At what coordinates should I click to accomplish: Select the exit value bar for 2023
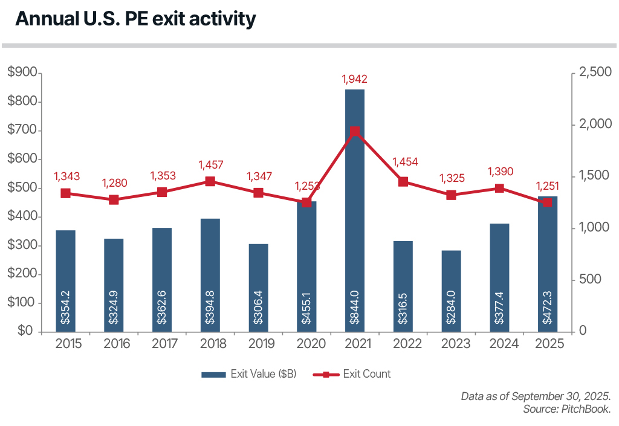tap(451, 291)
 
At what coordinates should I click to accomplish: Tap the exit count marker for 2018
tap(210, 181)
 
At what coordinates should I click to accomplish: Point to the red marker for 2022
tap(403, 181)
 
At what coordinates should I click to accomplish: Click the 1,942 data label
tap(354, 79)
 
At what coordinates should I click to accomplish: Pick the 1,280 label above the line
tap(114, 182)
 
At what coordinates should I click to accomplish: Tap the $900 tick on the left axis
tap(24, 73)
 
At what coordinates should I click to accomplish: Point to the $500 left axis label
tap(24, 188)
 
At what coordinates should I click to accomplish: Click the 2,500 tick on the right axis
tap(595, 73)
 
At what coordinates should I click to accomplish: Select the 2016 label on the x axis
tap(114, 344)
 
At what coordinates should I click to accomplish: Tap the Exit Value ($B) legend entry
tap(248, 374)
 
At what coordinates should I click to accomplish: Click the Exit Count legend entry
tap(352, 374)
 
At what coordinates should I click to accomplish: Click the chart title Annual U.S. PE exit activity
tap(135, 19)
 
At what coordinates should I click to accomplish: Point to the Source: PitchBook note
tap(567, 410)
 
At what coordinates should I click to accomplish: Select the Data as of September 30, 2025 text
tap(536, 396)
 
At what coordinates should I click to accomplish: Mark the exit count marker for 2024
tap(499, 189)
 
